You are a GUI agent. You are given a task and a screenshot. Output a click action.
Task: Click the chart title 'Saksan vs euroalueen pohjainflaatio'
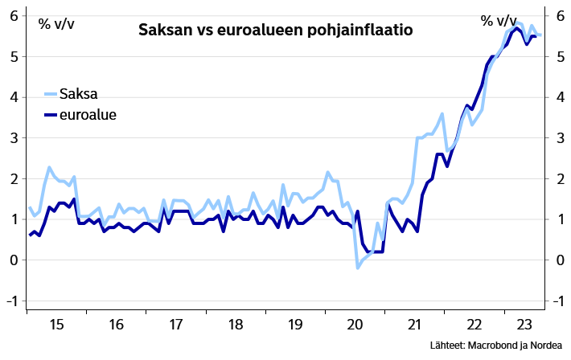coord(276,31)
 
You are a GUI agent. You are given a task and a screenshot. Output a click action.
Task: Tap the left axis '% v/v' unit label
coord(56,23)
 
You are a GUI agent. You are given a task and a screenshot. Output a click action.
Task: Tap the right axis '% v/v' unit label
coord(499,21)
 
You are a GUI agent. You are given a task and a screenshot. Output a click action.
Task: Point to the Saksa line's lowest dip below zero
coord(358,268)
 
